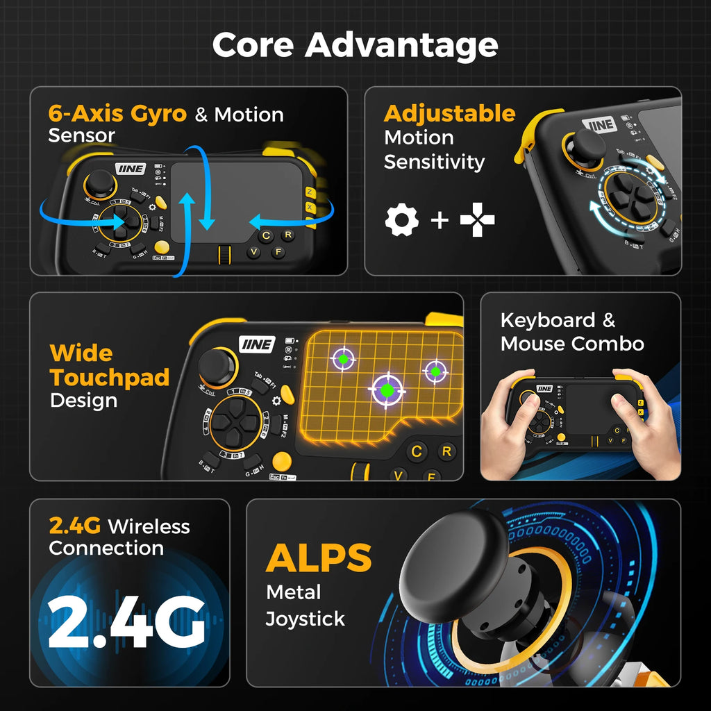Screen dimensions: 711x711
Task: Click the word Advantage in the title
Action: click(401, 46)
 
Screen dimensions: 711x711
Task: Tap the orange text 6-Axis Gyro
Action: click(117, 113)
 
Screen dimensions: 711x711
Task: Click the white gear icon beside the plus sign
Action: click(401, 220)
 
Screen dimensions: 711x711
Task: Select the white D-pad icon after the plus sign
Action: click(478, 220)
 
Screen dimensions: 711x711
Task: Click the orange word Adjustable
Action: click(449, 113)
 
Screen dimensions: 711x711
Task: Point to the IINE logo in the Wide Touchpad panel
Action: click(258, 344)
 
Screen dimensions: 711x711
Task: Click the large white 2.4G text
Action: click(126, 620)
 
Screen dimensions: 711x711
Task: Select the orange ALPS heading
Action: click(319, 558)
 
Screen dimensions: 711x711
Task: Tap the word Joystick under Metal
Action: click(305, 619)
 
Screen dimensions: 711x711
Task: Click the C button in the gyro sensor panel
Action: click(266, 235)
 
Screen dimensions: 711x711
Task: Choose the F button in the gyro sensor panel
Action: click(277, 252)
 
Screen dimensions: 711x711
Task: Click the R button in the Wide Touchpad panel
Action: click(446, 451)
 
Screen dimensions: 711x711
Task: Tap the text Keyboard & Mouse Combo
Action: click(571, 332)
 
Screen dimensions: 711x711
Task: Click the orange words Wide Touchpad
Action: click(110, 365)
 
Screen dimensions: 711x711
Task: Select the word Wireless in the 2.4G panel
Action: click(149, 526)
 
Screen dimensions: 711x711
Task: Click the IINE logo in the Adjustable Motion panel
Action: click(599, 125)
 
